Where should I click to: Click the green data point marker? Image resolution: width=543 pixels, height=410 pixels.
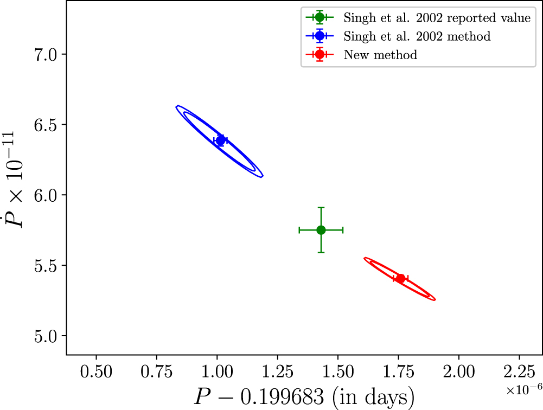(x=321, y=230)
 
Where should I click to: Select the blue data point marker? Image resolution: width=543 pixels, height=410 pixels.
(x=220, y=140)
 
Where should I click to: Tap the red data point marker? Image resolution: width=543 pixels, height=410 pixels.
(x=400, y=279)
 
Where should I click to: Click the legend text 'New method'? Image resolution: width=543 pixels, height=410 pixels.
(x=380, y=55)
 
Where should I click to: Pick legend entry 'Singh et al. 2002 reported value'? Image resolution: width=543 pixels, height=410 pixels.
(x=436, y=17)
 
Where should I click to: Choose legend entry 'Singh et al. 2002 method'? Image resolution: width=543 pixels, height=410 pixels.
(x=417, y=36)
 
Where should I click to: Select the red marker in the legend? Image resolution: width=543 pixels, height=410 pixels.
(x=320, y=55)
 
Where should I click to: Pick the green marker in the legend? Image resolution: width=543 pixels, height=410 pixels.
(x=320, y=17)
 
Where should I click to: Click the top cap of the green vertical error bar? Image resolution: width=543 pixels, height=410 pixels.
(x=321, y=208)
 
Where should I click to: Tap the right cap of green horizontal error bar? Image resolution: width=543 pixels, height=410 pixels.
(x=343, y=230)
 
